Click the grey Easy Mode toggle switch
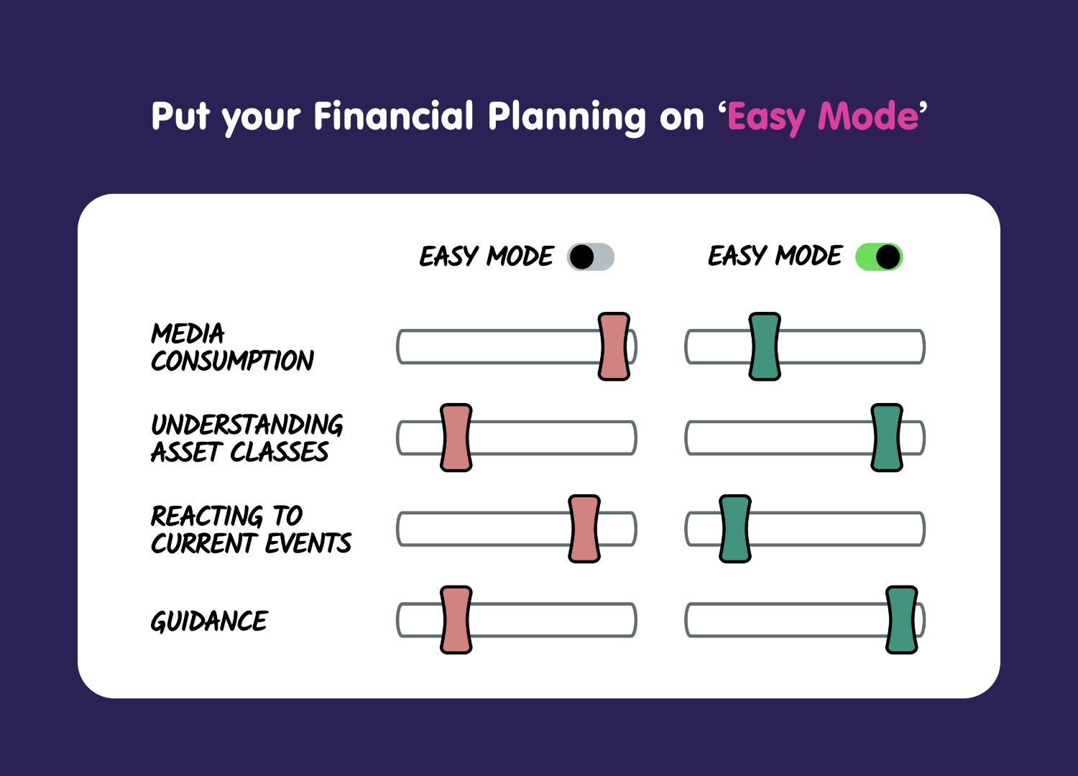click(591, 257)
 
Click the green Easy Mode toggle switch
click(879, 257)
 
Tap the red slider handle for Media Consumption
click(614, 346)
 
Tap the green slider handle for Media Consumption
click(765, 346)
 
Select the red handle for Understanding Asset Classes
click(456, 438)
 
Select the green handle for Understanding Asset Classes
click(887, 438)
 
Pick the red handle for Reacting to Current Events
click(584, 529)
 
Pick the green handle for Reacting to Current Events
click(735, 529)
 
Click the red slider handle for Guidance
click(456, 619)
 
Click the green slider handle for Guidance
click(902, 619)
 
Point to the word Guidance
click(209, 621)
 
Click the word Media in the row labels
click(188, 333)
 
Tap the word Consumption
click(232, 361)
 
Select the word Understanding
click(247, 425)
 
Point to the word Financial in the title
click(394, 116)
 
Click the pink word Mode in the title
click(868, 116)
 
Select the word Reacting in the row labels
click(207, 516)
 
